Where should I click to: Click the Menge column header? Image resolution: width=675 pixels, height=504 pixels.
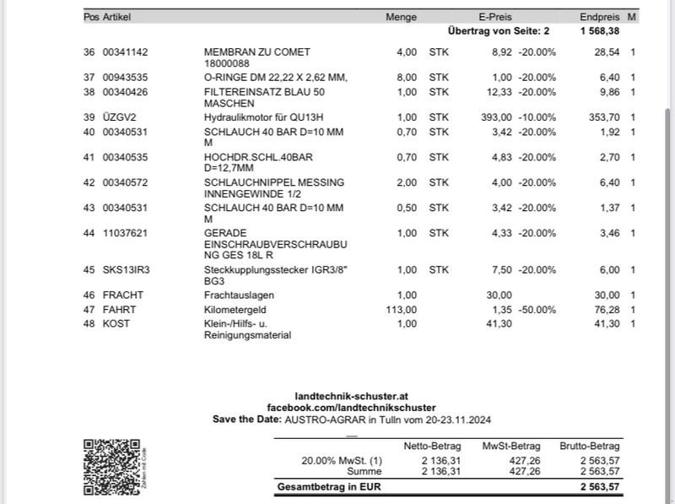click(x=401, y=17)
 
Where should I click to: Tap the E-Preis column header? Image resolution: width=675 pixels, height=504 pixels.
click(x=494, y=17)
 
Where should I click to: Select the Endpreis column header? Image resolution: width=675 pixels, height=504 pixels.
click(x=600, y=17)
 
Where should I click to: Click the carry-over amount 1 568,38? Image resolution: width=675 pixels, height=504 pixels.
click(x=600, y=30)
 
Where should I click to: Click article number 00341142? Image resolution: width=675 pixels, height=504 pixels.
click(x=125, y=52)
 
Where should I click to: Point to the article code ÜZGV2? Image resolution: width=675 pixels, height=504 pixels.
click(x=119, y=117)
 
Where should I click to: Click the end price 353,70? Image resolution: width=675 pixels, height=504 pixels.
click(x=603, y=117)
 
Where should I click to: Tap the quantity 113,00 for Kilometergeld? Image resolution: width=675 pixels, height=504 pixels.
click(x=401, y=310)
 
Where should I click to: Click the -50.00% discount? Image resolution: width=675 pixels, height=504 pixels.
click(x=537, y=310)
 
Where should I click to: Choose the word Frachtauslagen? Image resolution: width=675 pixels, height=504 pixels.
click(x=239, y=295)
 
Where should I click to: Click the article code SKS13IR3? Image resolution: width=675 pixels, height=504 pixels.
click(x=126, y=270)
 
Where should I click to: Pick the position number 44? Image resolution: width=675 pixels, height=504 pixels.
click(x=89, y=233)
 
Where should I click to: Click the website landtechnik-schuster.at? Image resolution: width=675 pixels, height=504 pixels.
click(x=351, y=396)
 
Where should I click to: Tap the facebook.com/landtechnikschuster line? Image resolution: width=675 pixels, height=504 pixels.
click(x=351, y=408)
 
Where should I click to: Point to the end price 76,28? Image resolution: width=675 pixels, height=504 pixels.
click(x=607, y=310)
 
